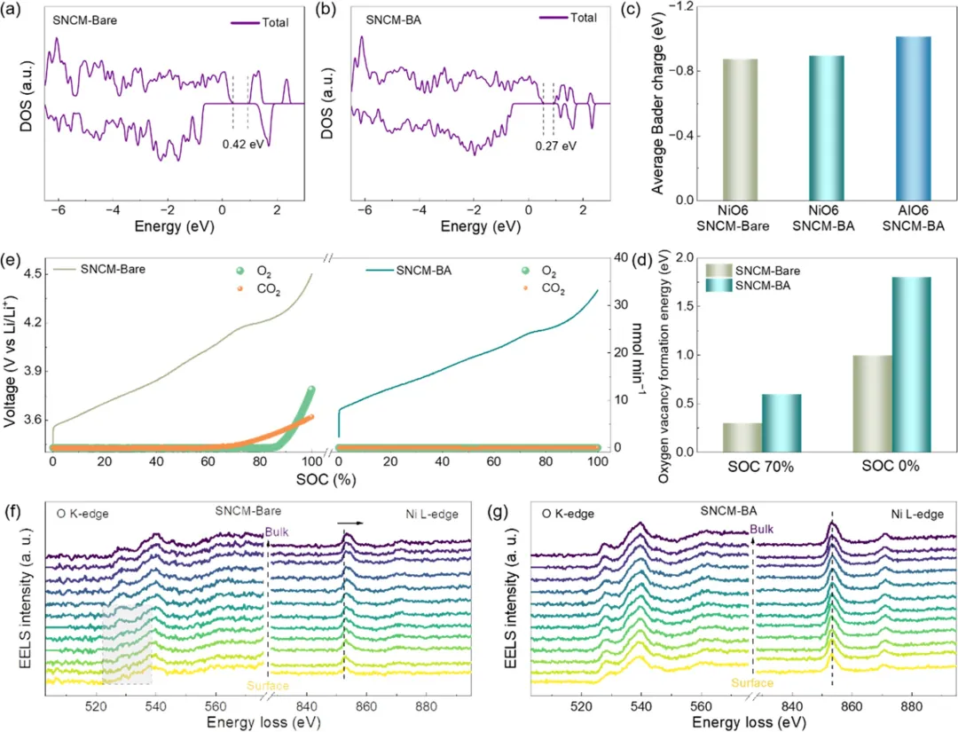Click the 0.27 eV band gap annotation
[x=557, y=145]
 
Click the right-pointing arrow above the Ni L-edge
[x=353, y=523]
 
